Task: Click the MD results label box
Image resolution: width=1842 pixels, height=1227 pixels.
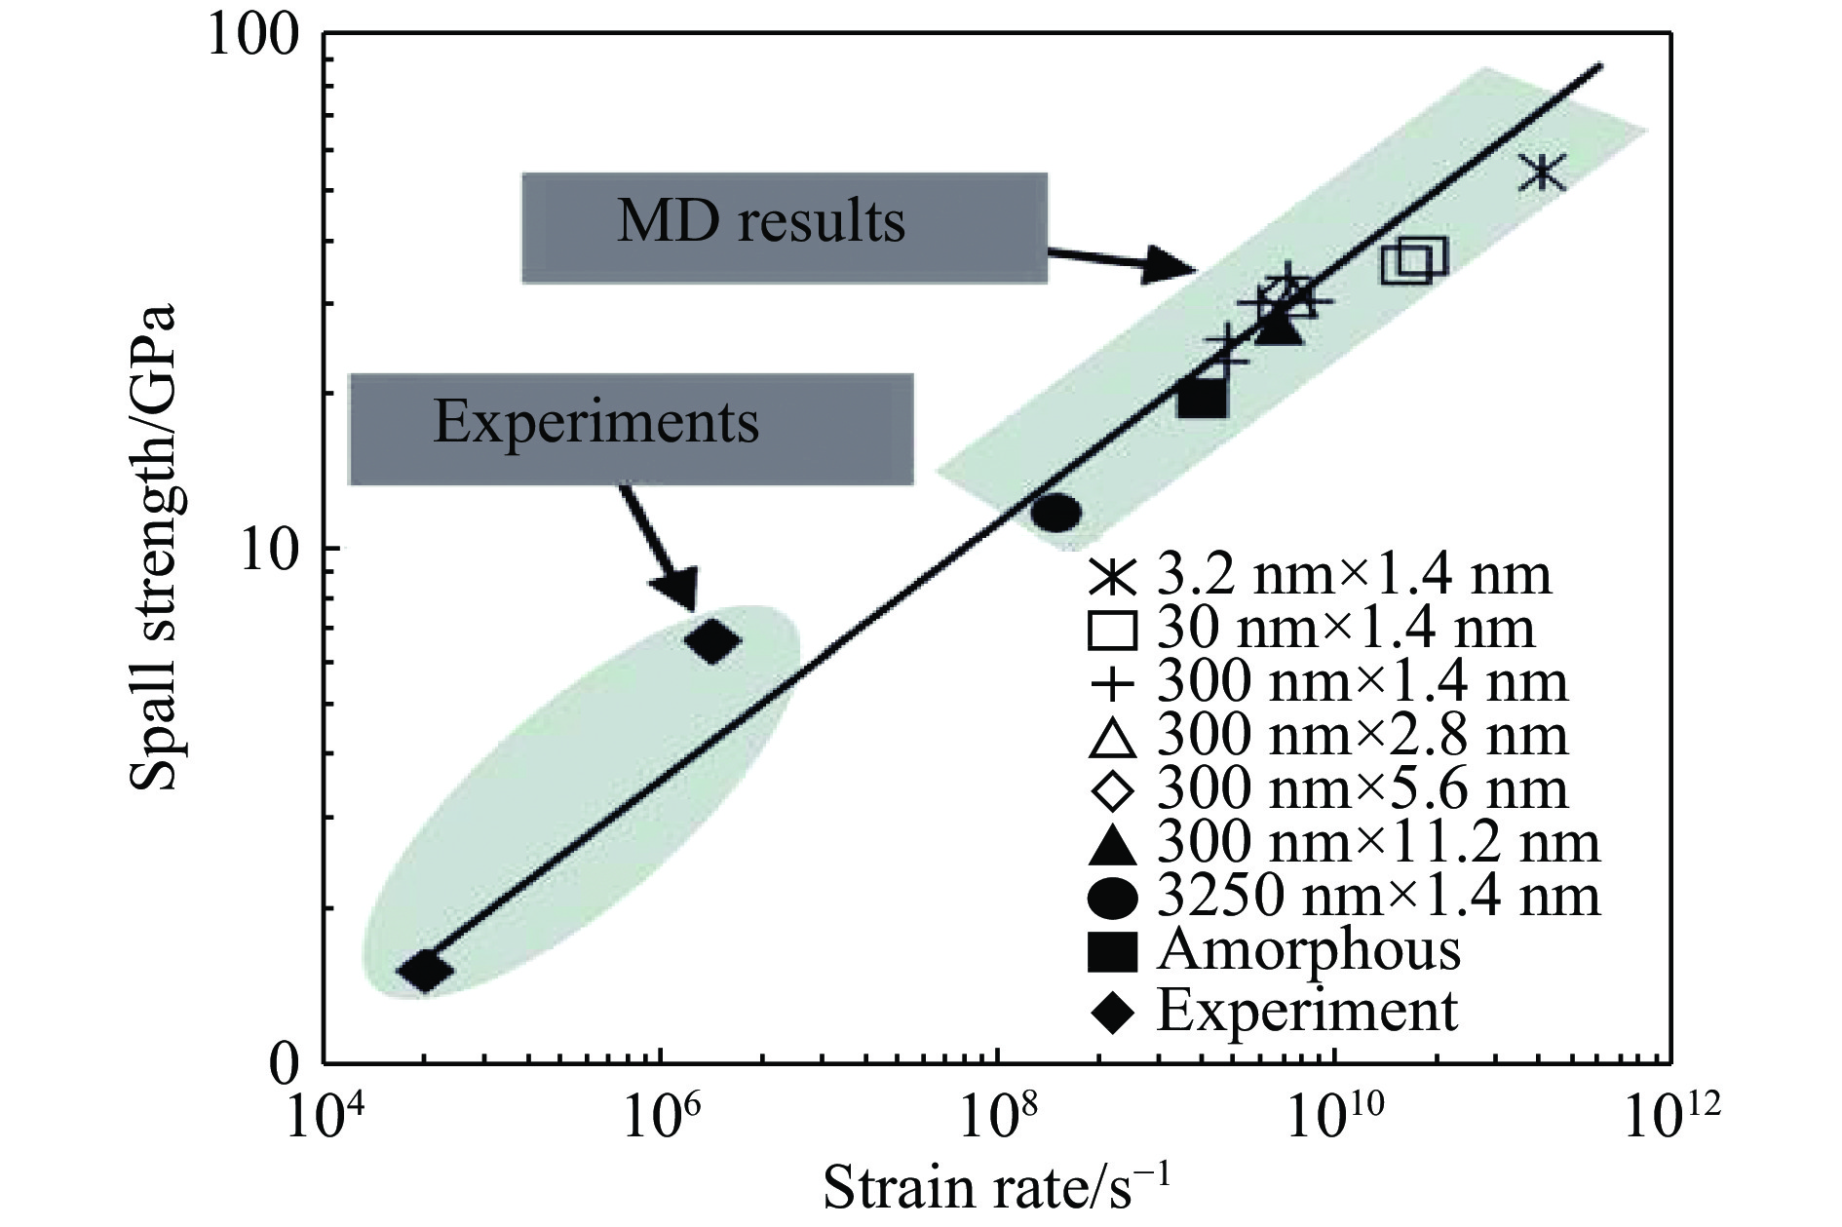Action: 785,227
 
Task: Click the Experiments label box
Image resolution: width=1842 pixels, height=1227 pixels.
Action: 631,429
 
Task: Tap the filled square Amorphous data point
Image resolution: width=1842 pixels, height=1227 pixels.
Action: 1202,398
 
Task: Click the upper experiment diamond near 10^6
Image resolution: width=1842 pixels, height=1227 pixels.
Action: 713,641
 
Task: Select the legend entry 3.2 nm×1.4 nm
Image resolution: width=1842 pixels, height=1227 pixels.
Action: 1320,577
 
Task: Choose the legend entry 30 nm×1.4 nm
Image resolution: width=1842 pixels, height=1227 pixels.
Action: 1312,630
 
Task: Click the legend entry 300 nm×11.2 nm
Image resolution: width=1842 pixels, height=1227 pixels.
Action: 1345,843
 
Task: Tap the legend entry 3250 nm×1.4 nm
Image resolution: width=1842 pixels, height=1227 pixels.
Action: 1345,897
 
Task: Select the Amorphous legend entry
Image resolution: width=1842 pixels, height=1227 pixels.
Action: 1277,950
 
